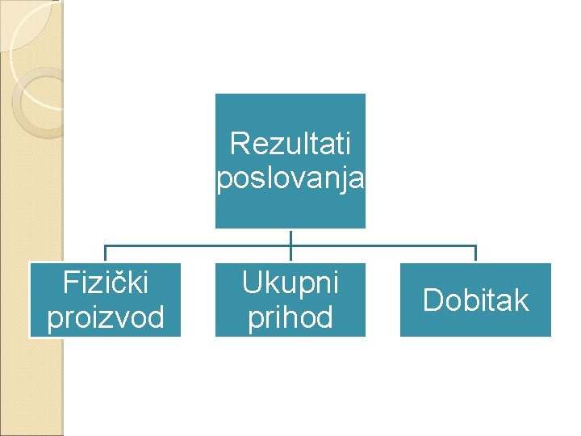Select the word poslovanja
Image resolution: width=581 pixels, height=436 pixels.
click(x=290, y=178)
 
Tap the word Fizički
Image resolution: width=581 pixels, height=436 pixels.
click(x=105, y=283)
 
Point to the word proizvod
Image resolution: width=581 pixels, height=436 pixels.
click(x=105, y=317)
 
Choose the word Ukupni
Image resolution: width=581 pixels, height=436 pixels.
click(x=290, y=283)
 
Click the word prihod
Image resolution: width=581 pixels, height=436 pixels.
click(x=290, y=317)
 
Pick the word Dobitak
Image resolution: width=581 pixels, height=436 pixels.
click(x=475, y=300)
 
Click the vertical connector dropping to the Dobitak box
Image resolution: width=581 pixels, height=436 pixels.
click(x=475, y=254)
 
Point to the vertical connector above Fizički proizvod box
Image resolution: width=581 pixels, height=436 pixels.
click(x=105, y=254)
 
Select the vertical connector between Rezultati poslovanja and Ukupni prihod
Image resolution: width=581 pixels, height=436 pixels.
click(x=290, y=237)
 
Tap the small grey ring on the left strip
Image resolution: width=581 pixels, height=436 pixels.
click(x=36, y=102)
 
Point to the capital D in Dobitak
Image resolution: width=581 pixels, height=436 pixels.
click(x=433, y=300)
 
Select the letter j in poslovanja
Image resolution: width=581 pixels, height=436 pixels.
click(x=351, y=180)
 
